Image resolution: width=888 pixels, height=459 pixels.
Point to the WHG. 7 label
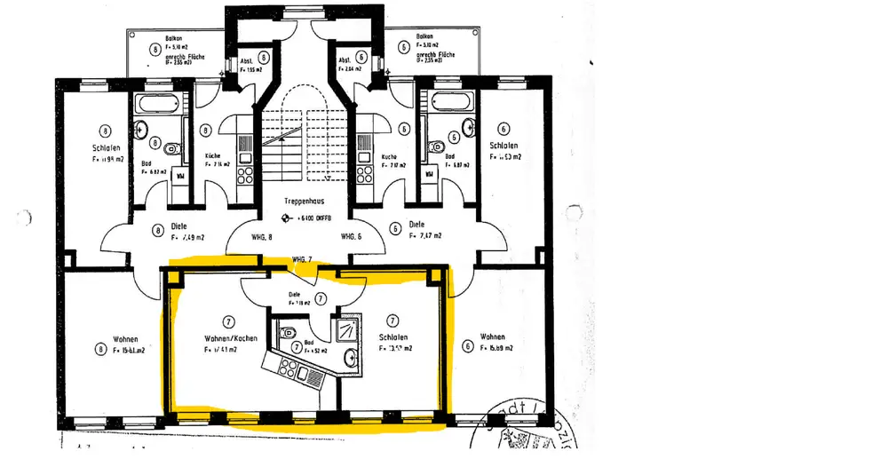click(304, 259)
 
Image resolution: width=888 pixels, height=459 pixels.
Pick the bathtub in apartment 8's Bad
click(155, 103)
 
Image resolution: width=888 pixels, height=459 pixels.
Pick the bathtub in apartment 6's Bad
click(451, 103)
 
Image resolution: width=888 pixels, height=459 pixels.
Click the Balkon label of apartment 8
click(174, 39)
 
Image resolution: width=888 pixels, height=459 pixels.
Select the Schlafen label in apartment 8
click(106, 147)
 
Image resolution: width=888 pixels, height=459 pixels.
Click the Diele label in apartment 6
click(418, 225)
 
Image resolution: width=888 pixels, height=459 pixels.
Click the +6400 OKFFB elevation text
click(306, 218)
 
